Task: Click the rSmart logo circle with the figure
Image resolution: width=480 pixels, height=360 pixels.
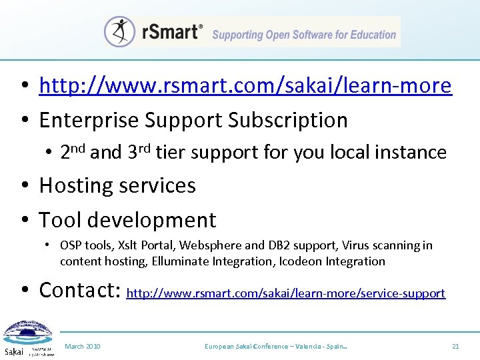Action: pyautogui.click(x=120, y=31)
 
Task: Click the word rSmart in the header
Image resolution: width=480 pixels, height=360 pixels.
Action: pyautogui.click(x=170, y=32)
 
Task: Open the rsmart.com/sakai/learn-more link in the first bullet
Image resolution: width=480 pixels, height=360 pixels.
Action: pyautogui.click(x=245, y=86)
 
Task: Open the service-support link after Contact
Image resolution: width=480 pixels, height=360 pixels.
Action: pyautogui.click(x=285, y=293)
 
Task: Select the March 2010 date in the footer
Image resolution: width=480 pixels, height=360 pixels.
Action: pyautogui.click(x=83, y=347)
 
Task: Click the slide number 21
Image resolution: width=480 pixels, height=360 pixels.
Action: pyautogui.click(x=456, y=347)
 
